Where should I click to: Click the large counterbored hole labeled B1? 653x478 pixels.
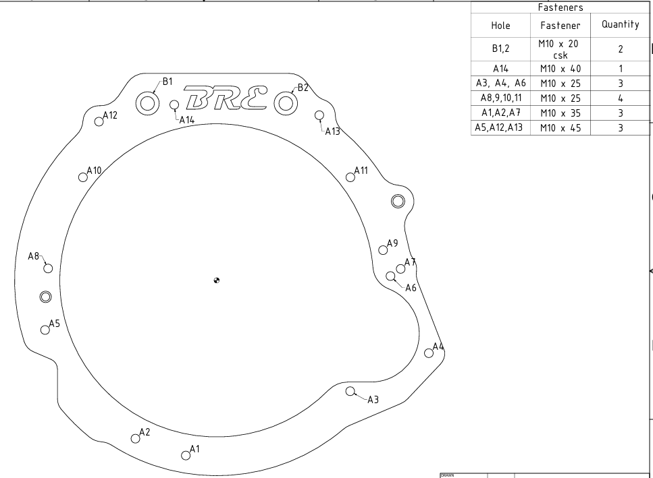click(147, 103)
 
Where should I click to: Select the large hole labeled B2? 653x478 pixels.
click(286, 103)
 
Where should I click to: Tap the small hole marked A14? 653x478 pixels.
click(174, 105)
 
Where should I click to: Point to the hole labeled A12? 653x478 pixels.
click(99, 121)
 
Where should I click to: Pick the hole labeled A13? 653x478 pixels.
click(319, 115)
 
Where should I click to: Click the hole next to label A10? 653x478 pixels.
click(82, 177)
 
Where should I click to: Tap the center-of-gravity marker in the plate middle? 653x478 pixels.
click(216, 280)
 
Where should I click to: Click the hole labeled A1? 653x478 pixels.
click(185, 455)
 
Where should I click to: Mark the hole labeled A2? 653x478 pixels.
click(135, 438)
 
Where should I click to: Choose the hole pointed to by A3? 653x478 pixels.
click(350, 391)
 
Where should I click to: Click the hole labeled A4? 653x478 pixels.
click(428, 353)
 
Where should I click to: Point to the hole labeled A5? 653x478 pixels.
click(45, 330)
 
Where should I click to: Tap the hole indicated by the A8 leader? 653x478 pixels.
click(48, 268)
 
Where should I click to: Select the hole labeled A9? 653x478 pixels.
click(383, 249)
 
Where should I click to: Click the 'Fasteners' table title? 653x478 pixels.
click(557, 6)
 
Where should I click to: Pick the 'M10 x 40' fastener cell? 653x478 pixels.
click(557, 68)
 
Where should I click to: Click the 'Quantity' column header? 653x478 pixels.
click(615, 24)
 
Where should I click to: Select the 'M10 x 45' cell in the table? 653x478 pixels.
click(557, 127)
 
